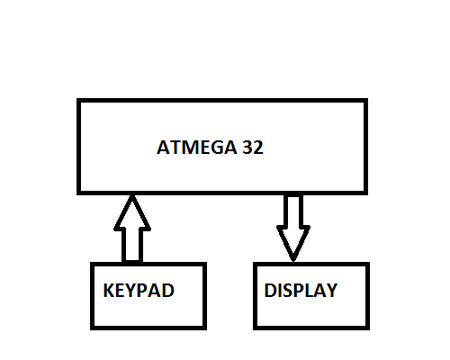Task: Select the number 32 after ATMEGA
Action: click(x=253, y=148)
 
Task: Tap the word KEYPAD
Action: click(x=139, y=291)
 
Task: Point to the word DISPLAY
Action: click(x=301, y=291)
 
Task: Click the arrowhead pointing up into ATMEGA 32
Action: click(x=132, y=213)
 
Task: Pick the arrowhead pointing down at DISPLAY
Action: click(x=293, y=243)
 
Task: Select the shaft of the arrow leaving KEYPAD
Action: click(x=132, y=246)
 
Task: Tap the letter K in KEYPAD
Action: click(x=109, y=291)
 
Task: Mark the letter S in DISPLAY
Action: click(x=286, y=291)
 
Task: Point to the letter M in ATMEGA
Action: click(x=187, y=148)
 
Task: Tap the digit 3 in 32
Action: click(x=247, y=148)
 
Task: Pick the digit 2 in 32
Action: click(x=258, y=148)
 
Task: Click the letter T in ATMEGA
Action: click(x=174, y=148)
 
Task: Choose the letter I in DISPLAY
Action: click(x=278, y=291)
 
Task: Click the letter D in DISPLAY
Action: click(x=270, y=291)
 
